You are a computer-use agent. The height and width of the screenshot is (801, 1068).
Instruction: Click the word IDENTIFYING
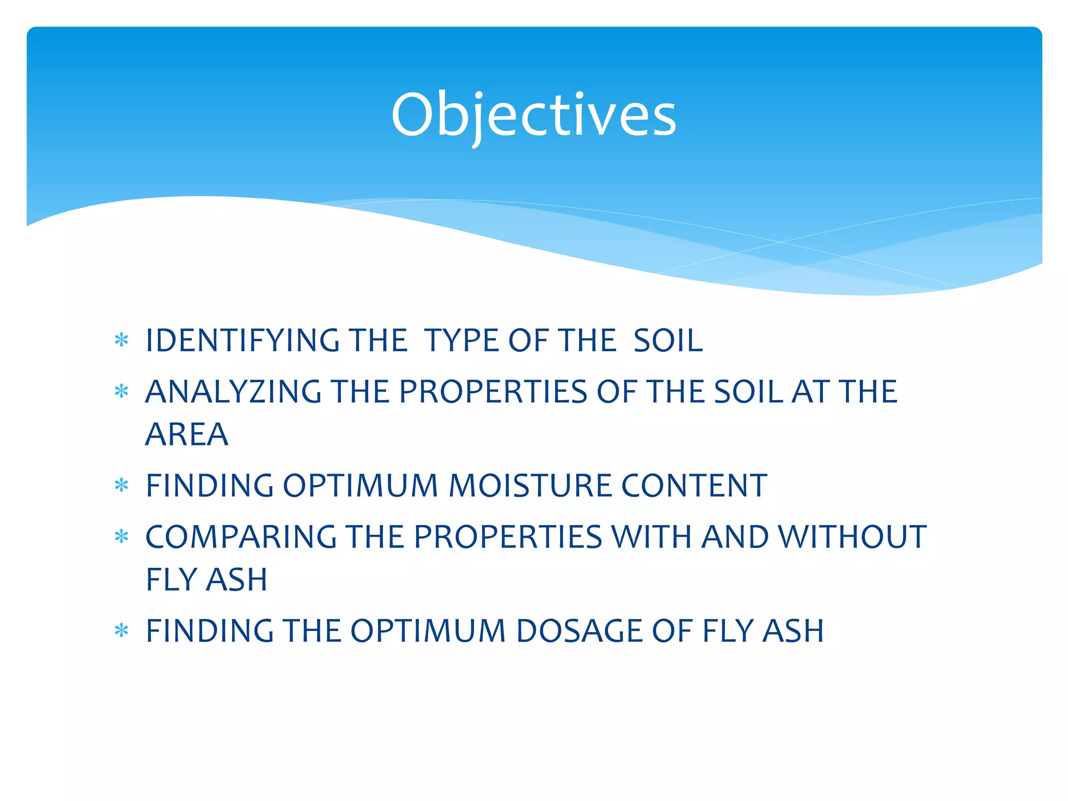(242, 341)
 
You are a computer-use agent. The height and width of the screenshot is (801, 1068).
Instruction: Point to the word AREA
(187, 434)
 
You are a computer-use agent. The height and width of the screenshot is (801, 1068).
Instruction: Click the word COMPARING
(241, 537)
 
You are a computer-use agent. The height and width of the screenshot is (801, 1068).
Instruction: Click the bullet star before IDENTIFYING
(122, 341)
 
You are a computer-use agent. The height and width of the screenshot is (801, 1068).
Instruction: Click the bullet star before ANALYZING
(122, 392)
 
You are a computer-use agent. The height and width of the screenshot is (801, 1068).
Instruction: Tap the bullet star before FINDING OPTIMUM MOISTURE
(122, 486)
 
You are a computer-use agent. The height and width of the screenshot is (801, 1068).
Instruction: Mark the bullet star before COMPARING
(122, 537)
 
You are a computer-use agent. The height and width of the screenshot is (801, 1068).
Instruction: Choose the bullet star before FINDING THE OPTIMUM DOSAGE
(122, 631)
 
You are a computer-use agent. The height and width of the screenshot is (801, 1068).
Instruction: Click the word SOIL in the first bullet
(668, 341)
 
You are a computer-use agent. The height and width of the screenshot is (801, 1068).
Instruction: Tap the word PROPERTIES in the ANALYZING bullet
(493, 392)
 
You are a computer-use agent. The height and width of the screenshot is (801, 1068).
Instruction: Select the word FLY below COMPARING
(171, 579)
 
